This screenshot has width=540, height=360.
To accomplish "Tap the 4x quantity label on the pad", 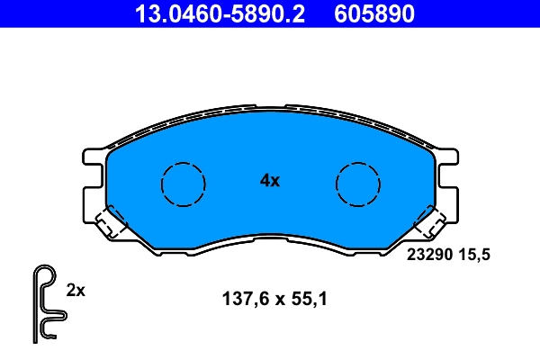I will [x=270, y=180].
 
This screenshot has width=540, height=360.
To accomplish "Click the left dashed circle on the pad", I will [x=183, y=184].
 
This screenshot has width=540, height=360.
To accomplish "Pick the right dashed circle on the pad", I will [x=358, y=184].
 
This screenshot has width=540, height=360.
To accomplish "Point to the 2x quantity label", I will [x=76, y=290].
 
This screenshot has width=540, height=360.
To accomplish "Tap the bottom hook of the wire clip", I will [x=49, y=335].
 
